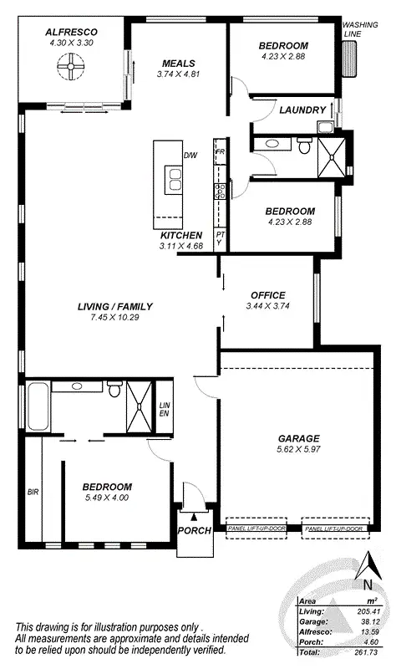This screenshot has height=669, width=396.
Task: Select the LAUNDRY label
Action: click(302, 110)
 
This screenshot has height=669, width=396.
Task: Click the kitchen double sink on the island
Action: click(175, 180)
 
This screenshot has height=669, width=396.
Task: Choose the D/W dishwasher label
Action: click(190, 155)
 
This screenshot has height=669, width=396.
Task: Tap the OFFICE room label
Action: click(267, 295)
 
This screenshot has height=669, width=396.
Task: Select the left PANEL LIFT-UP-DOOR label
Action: click(256, 529)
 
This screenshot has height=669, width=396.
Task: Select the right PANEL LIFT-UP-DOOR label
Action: click(334, 529)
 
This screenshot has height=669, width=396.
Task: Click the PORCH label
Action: click(193, 530)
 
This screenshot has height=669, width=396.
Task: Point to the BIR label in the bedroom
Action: click(33, 492)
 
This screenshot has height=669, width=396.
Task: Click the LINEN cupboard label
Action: click(164, 409)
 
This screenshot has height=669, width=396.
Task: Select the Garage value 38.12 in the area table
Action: click(367, 620)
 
